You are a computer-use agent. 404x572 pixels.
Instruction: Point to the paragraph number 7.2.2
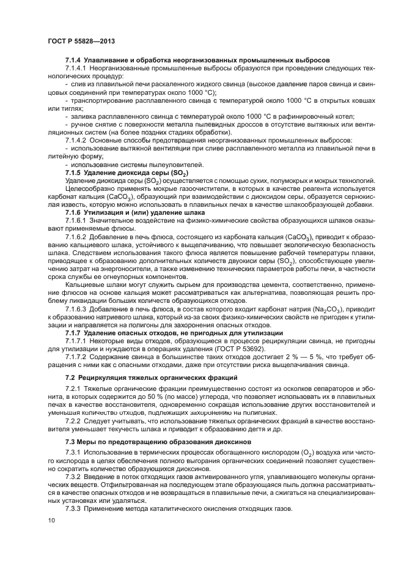(75, 422)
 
